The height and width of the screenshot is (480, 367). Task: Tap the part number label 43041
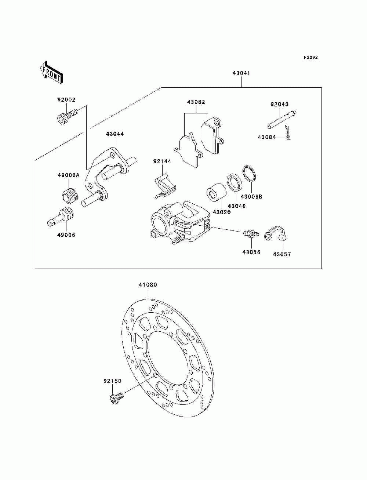pyautogui.click(x=241, y=73)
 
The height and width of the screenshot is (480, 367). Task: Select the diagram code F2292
pyautogui.click(x=310, y=58)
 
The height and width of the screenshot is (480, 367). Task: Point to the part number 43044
pyautogui.click(x=115, y=134)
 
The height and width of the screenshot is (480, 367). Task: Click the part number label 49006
pyautogui.click(x=66, y=235)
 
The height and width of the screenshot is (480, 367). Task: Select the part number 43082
pyautogui.click(x=196, y=102)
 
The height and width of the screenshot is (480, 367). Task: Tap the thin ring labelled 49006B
pyautogui.click(x=249, y=174)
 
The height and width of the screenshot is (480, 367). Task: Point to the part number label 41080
pyautogui.click(x=148, y=284)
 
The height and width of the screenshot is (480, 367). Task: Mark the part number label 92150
pyautogui.click(x=112, y=381)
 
